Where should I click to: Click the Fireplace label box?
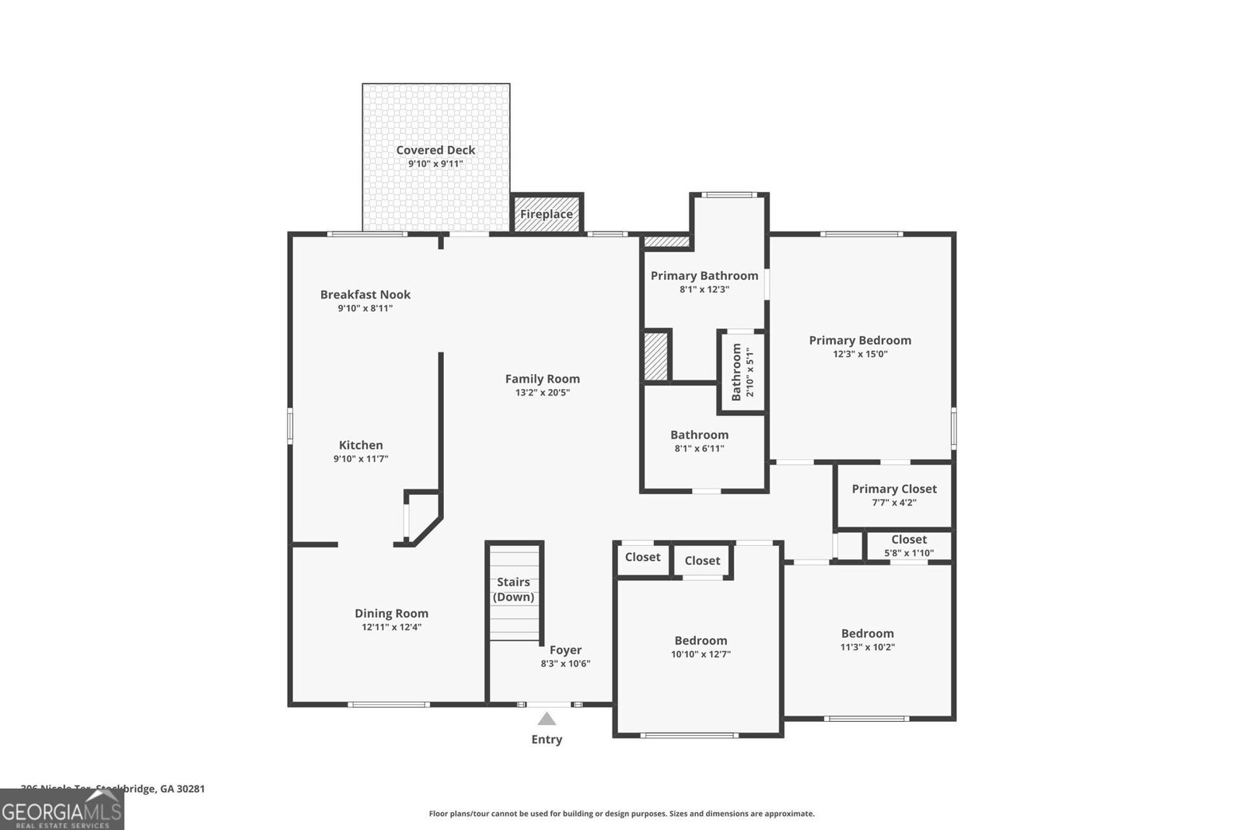coord(547,214)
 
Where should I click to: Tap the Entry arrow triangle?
coord(547,719)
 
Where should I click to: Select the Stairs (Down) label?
coord(514,590)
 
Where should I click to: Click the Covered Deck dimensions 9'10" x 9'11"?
coord(435,164)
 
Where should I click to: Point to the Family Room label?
coord(542,379)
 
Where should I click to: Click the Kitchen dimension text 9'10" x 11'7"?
coord(361,459)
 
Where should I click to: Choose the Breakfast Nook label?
coord(365,294)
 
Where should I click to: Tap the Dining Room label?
coord(391,613)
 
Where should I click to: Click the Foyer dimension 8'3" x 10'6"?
coord(565,664)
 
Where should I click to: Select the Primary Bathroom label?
coord(704,275)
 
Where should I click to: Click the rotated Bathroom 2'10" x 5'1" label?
coord(743,373)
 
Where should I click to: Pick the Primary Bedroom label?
coord(859,340)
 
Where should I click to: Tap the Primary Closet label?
coord(893,489)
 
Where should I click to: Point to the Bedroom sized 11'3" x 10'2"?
coord(867,639)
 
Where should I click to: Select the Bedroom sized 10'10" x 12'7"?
coord(701,646)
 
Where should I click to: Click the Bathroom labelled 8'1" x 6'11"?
coord(699,441)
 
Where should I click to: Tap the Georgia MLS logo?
coord(61,811)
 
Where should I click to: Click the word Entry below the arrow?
coord(547,740)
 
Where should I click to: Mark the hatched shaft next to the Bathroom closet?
coord(656,356)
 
